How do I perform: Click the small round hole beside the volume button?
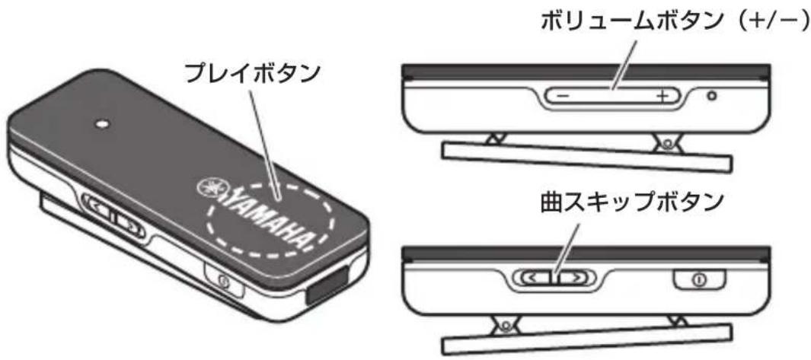pyautogui.click(x=711, y=97)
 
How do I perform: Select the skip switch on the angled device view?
pyautogui.click(x=113, y=215)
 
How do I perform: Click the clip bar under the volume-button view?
pyautogui.click(x=586, y=155)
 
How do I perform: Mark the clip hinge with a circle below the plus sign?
pyautogui.click(x=666, y=142)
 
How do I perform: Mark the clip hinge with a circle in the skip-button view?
pyautogui.click(x=503, y=324)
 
